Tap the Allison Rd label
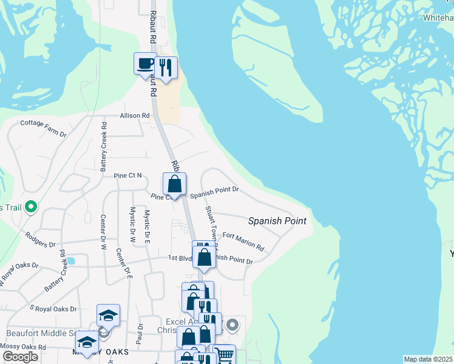coord(134,115)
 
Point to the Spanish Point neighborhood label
coord(277,221)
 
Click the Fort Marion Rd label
coord(243,241)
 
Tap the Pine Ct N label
coord(127,176)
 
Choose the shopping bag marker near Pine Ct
coord(174,184)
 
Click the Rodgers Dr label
coord(40,240)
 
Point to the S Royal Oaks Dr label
coord(53,308)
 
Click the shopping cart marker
coord(224,355)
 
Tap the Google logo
coord(20,357)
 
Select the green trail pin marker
coord(32,207)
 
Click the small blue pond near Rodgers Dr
coord(71,261)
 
